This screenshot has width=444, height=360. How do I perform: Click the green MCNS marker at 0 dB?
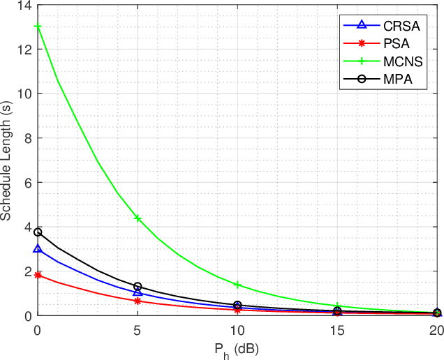(x=38, y=27)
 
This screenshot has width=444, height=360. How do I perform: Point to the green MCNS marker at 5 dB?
(x=138, y=218)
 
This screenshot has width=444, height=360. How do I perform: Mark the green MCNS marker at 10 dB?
(x=237, y=285)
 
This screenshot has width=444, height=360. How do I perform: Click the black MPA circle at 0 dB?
(x=38, y=232)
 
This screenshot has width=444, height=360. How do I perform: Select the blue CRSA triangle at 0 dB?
(x=38, y=249)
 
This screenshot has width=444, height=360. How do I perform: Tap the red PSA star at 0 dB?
(x=38, y=275)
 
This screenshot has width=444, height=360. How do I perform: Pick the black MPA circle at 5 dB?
(x=138, y=287)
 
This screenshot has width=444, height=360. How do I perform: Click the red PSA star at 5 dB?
(x=138, y=301)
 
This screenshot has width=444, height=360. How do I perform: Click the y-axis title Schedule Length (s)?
(x=8, y=160)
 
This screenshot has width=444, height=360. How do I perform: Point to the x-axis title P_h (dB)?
(x=237, y=347)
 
